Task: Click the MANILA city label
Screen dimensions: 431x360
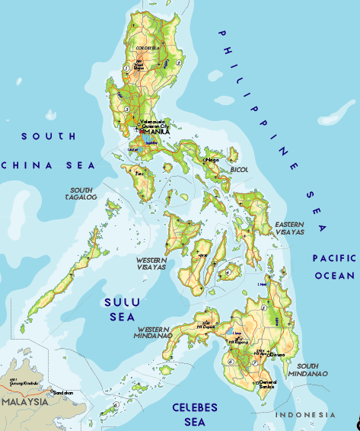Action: point(157,131)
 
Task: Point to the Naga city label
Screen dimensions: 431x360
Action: point(213,160)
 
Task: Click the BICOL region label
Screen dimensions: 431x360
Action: point(240,169)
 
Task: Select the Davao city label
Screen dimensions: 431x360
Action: point(279,354)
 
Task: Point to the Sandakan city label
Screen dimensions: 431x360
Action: point(63,392)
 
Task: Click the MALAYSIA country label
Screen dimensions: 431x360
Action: point(25,401)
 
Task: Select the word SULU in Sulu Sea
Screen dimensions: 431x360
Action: point(122,302)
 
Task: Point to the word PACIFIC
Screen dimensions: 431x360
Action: point(335,259)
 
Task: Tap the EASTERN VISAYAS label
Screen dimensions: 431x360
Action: point(289,228)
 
